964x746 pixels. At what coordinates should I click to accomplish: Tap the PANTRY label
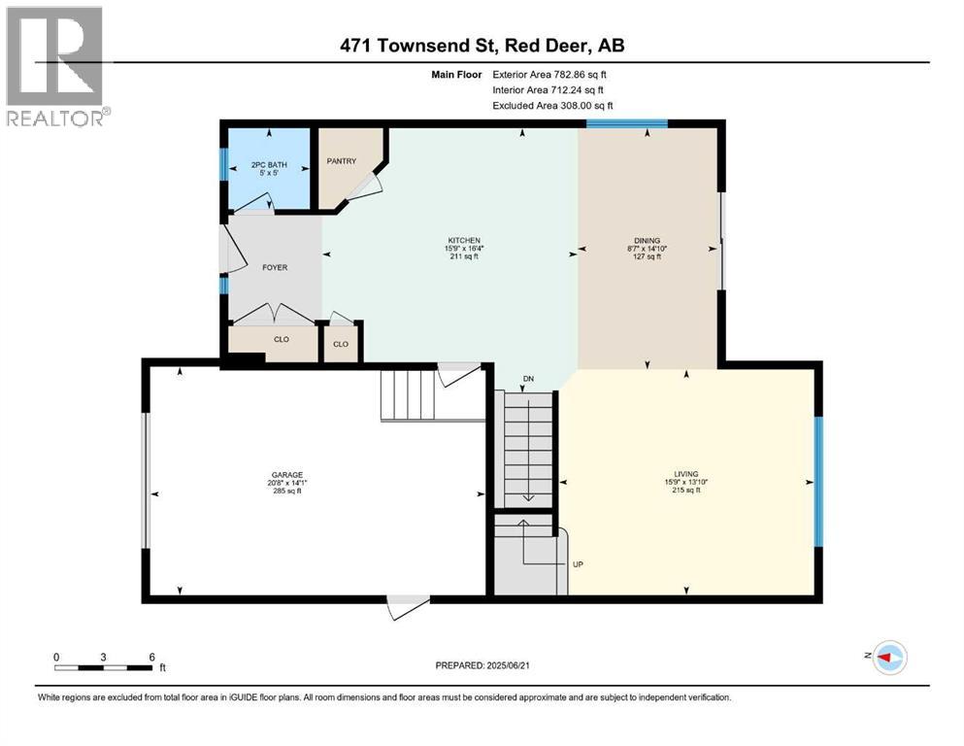(x=342, y=161)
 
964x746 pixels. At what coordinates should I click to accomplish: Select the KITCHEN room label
(x=463, y=240)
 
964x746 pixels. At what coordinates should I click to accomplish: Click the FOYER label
(x=274, y=267)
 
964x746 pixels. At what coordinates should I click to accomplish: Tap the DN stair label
(x=527, y=378)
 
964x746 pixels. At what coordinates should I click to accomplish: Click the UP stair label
(x=578, y=563)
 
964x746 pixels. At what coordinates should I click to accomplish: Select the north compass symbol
(x=889, y=657)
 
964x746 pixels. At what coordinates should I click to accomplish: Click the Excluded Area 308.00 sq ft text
(x=552, y=106)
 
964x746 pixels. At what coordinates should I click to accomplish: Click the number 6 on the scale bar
(x=151, y=657)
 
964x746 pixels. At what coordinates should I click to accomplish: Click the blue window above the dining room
(x=626, y=123)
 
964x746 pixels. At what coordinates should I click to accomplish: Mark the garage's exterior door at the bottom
(x=407, y=604)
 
